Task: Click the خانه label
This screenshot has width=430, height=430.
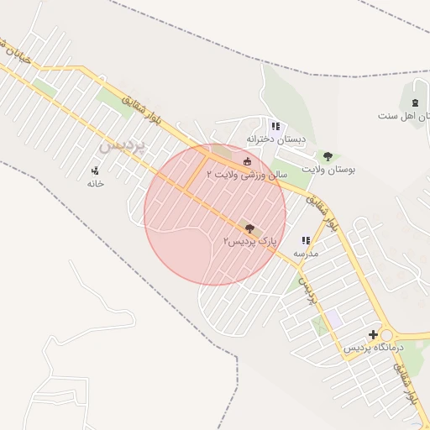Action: [95, 183]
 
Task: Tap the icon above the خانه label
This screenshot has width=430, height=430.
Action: [95, 170]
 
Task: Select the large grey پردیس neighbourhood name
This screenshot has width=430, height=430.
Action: [123, 145]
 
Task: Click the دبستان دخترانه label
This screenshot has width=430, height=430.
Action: [276, 139]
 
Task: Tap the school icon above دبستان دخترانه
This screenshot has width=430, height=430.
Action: [275, 126]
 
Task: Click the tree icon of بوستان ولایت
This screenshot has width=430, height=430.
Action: [328, 156]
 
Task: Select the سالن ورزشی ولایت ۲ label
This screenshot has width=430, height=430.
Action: [247, 175]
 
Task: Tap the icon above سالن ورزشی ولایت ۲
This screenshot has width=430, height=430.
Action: [247, 162]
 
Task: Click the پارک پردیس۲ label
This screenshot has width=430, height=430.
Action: [249, 241]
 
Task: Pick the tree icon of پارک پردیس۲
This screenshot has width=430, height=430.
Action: [248, 227]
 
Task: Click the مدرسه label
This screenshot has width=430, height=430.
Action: [305, 252]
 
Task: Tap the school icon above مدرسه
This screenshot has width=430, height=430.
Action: [306, 240]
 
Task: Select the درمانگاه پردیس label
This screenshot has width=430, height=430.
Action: [374, 347]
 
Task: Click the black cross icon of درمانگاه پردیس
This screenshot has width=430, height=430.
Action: [373, 334]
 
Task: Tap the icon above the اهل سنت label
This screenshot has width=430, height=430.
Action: [415, 102]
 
